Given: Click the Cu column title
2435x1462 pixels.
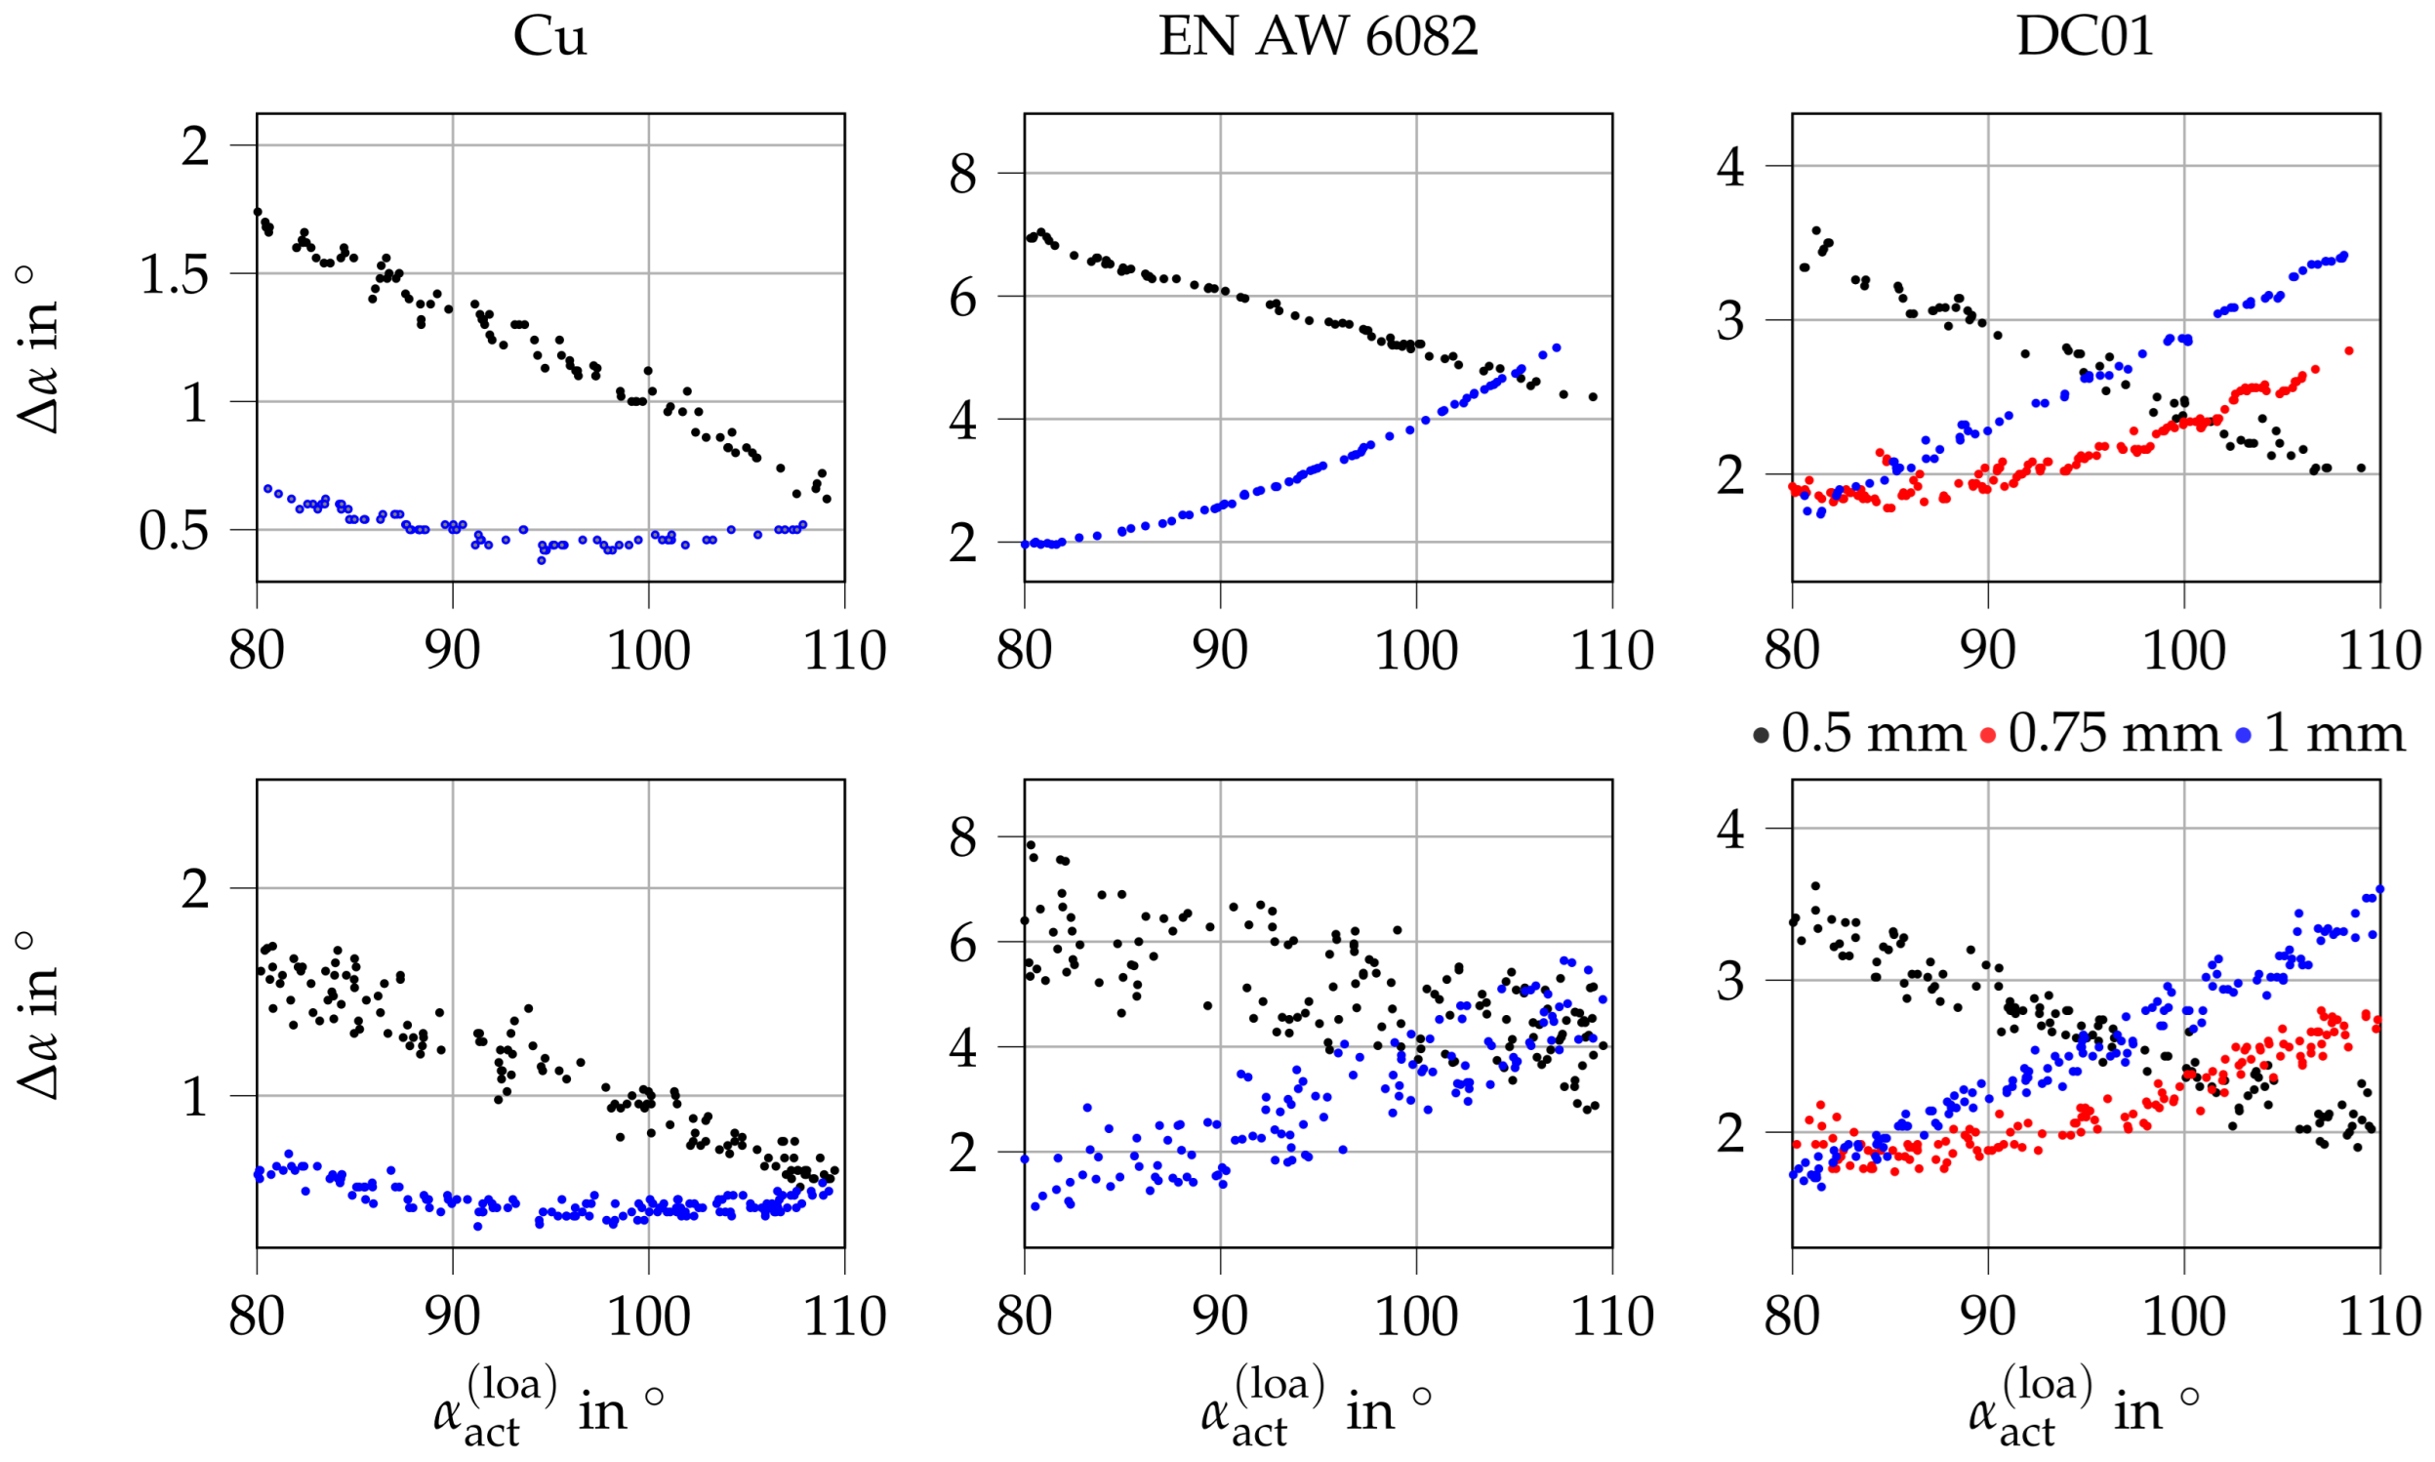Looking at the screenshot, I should click(549, 37).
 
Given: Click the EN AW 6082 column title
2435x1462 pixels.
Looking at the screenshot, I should click(1317, 37).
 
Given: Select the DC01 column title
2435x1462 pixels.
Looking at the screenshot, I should click(2085, 37).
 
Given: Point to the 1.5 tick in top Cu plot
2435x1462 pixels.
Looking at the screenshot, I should click(176, 275).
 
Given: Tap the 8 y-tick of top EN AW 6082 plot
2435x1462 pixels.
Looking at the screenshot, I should click(962, 175).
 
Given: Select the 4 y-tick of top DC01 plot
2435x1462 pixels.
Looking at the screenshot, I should click(1729, 167).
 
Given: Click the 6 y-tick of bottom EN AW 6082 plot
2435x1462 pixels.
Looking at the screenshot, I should click(962, 944).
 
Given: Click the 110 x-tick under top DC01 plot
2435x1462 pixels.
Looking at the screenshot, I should click(2379, 650).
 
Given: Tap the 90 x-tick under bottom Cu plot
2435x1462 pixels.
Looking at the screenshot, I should click(452, 1318).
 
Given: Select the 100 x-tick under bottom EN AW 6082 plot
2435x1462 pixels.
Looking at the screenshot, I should click(1415, 1318).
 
